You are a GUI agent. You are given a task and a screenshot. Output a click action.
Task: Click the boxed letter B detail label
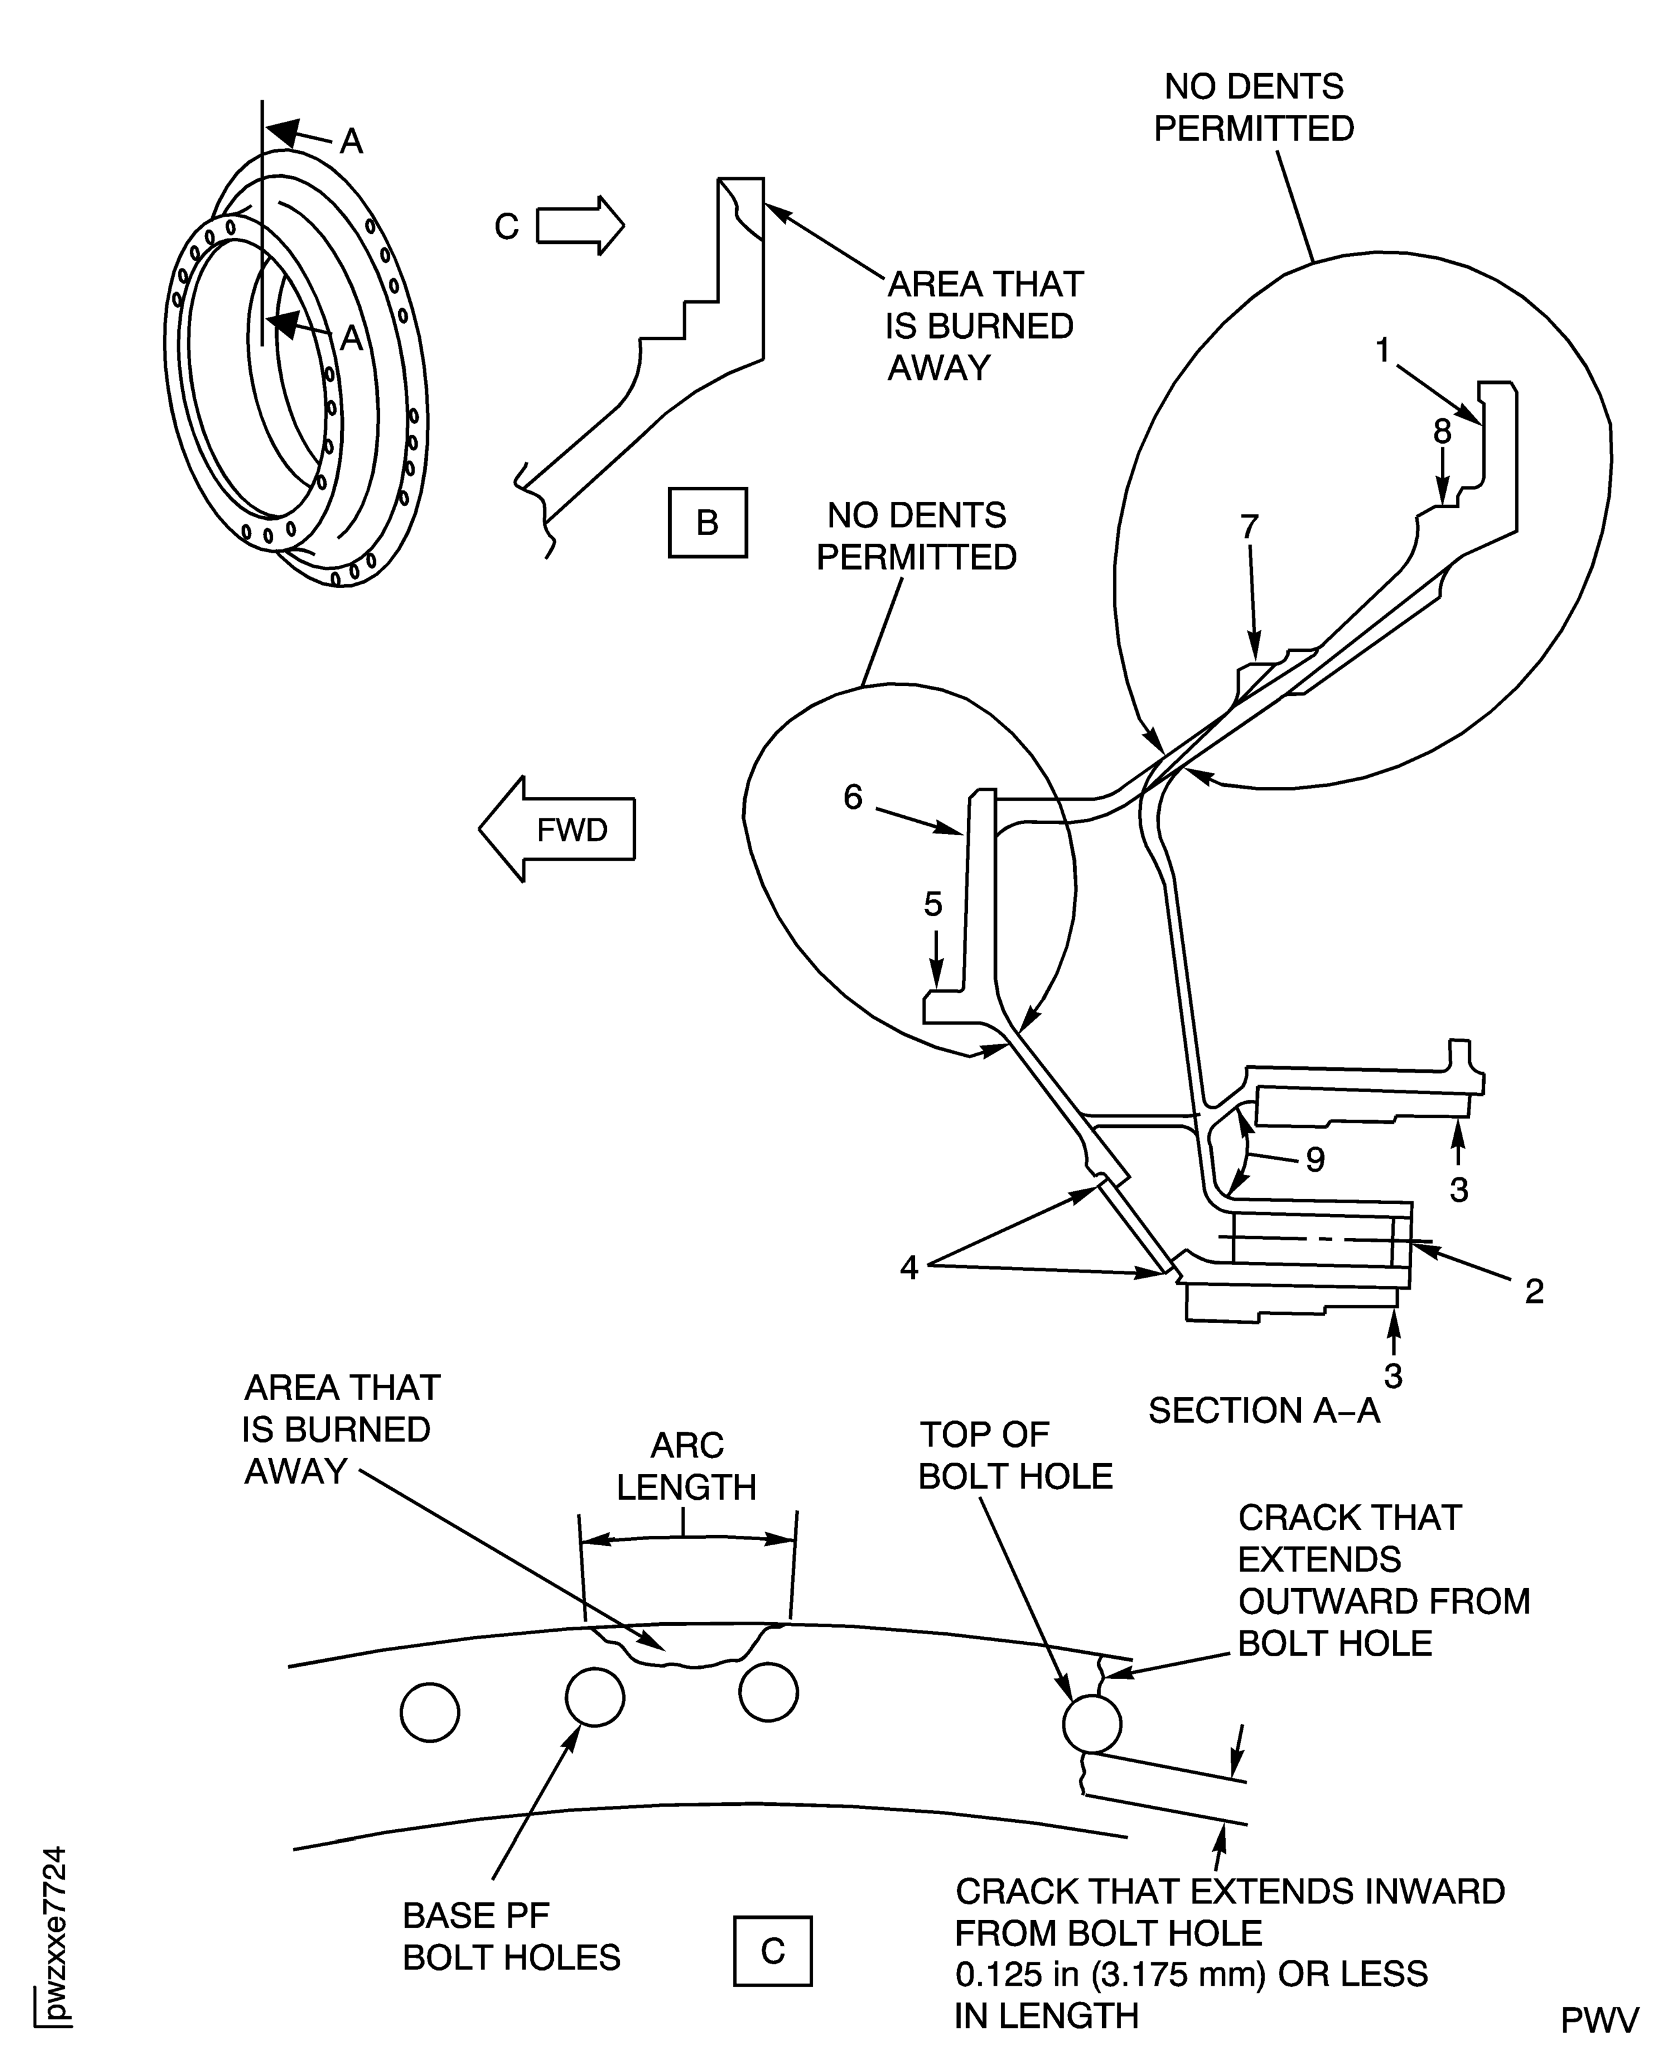pos(707,522)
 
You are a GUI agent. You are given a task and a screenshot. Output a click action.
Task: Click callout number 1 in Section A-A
pos(1382,350)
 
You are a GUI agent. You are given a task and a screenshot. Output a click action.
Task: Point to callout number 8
pos(1442,432)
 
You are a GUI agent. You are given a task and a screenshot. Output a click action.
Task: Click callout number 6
pos(853,797)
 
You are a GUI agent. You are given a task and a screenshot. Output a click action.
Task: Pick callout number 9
pos(1315,1160)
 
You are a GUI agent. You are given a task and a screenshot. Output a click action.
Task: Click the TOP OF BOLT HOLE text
pos(1015,1456)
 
